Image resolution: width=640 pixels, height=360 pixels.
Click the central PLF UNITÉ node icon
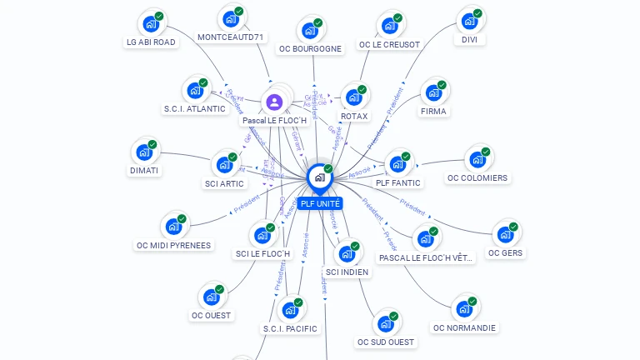[319, 177]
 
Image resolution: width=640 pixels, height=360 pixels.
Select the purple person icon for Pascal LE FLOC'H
[274, 102]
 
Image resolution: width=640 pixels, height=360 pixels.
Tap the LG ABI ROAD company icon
[151, 23]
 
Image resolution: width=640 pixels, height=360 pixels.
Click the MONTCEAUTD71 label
[231, 37]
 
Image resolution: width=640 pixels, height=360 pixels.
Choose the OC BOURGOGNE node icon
[310, 31]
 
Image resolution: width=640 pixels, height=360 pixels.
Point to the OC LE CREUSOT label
[389, 44]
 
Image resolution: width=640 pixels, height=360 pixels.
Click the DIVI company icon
[469, 21]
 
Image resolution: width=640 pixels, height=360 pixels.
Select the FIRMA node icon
[433, 92]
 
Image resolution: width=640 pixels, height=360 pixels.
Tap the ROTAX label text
[354, 116]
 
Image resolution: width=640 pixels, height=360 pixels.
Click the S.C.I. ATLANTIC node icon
[195, 90]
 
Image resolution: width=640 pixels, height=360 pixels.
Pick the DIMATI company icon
[144, 152]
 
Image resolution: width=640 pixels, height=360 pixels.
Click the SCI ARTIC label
[224, 183]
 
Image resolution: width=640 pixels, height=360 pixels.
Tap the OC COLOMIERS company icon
[477, 159]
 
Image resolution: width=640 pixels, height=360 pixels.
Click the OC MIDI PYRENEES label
[174, 245]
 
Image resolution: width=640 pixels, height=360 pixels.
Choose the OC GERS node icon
[505, 234]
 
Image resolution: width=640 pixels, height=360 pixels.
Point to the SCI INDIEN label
[347, 272]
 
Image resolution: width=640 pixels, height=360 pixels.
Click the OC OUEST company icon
[211, 297]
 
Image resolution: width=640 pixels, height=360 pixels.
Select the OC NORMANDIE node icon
[464, 309]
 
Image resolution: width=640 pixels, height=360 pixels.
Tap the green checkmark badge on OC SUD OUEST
[393, 316]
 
